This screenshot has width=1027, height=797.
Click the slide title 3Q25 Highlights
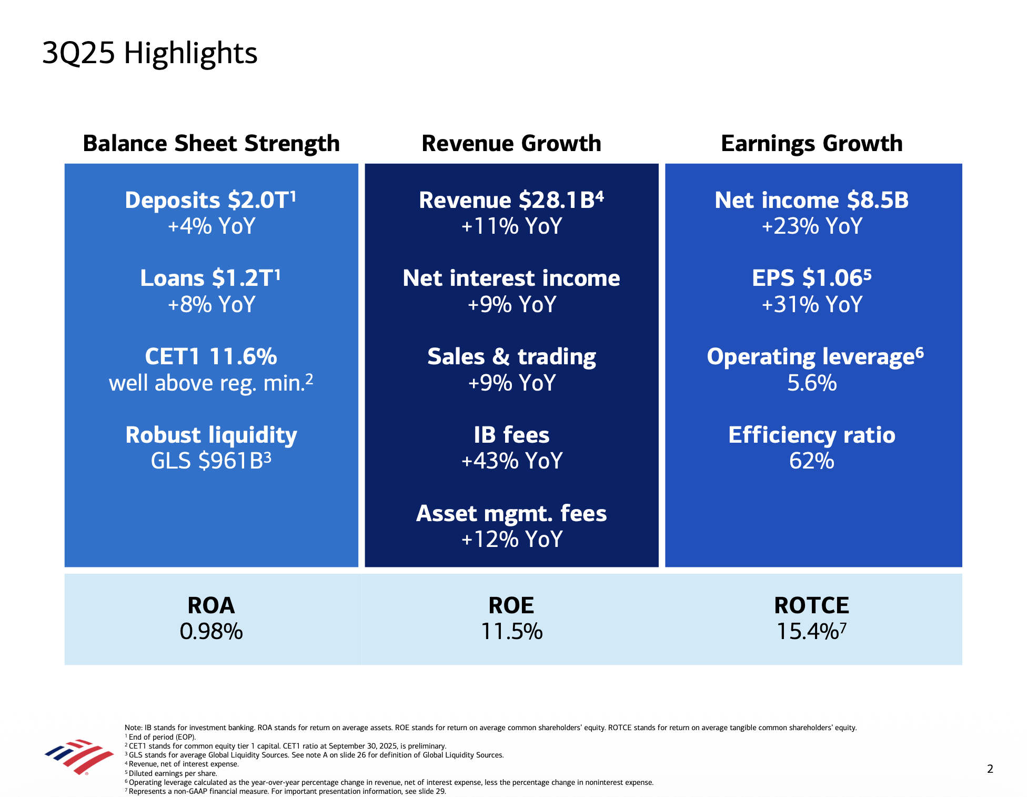point(149,53)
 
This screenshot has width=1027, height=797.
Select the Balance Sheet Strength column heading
point(211,143)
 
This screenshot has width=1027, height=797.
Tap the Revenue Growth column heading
point(511,143)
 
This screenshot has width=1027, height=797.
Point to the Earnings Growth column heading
point(811,143)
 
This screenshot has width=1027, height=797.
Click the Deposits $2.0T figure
point(210,200)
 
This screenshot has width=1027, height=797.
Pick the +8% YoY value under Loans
point(211,305)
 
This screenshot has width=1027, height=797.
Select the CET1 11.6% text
point(211,356)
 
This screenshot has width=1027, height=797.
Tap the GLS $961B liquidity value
point(210,461)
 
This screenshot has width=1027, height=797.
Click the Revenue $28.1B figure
point(511,200)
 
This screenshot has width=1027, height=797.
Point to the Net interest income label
point(511,278)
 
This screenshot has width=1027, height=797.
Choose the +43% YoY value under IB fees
point(511,461)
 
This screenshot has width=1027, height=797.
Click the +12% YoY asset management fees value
point(511,540)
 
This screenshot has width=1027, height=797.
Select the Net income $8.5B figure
point(811,200)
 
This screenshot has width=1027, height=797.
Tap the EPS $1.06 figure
point(811,278)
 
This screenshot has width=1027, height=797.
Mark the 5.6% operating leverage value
point(811,383)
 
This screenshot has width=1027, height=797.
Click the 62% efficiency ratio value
point(811,461)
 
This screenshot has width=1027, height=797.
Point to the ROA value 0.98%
point(211,632)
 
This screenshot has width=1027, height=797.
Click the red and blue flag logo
point(79,756)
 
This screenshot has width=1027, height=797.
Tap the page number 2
point(990,769)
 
